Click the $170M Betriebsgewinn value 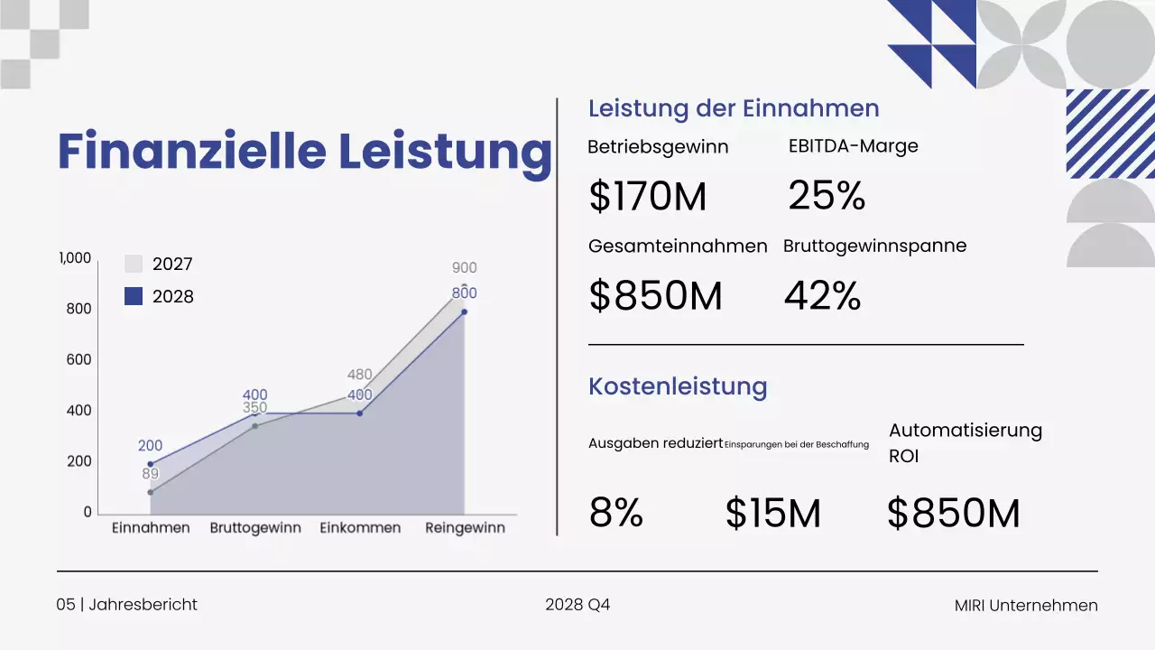coord(647,197)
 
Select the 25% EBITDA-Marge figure coord(827,195)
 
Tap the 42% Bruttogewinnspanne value coord(822,295)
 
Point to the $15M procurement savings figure coord(772,513)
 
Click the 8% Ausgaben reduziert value coord(615,513)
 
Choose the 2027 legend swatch coord(134,265)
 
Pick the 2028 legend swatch coord(134,296)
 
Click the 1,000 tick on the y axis coord(75,258)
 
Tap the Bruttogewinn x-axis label coord(255,528)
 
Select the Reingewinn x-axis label coord(465,528)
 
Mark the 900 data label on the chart coord(464,268)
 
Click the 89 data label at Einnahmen coord(150,473)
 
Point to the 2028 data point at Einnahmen coord(150,464)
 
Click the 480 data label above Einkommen coord(360,376)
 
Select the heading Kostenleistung coord(678,386)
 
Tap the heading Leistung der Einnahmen coord(734,108)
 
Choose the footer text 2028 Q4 coord(577,605)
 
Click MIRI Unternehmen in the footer coord(1026,606)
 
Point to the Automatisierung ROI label coord(965,442)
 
